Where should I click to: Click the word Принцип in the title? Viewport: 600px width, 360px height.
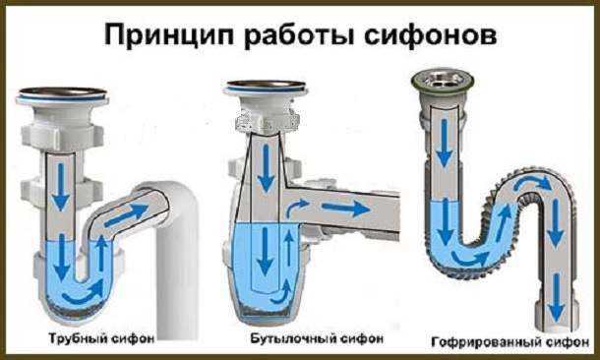pos(170,36)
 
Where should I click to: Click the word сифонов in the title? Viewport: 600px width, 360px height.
pos(430,36)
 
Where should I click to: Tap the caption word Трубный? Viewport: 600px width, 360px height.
pos(80,339)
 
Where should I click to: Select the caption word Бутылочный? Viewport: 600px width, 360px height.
pos(292,338)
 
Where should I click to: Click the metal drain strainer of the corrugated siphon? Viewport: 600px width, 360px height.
pos(443,81)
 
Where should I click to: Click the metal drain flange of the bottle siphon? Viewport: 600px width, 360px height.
pos(266,88)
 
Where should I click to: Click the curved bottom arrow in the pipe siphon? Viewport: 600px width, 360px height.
pos(83,293)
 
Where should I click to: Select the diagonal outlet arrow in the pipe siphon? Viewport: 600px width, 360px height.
pos(126,214)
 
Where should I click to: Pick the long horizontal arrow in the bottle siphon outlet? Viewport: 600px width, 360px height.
pos(345,209)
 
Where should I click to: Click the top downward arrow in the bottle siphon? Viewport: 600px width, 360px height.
pos(267,169)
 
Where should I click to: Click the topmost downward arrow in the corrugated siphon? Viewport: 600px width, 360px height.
pos(444,143)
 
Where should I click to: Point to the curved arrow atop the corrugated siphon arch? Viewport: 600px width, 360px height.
pos(533,182)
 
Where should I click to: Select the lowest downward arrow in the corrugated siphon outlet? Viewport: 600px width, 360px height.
pos(557,298)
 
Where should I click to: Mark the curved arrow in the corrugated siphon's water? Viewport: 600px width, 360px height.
pos(470,259)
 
